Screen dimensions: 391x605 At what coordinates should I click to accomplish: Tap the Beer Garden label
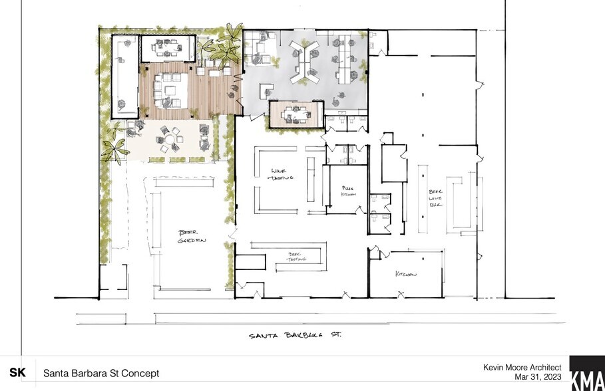point(192,236)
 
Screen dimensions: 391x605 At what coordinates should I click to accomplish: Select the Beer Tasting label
point(296,256)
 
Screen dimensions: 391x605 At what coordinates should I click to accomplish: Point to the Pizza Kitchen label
point(349,190)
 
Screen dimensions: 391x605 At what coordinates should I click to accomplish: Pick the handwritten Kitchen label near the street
point(406,274)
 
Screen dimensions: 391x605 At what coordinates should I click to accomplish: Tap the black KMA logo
point(586,373)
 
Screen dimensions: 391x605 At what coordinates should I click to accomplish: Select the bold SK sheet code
point(18,373)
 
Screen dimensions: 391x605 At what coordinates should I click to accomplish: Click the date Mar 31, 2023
point(538,377)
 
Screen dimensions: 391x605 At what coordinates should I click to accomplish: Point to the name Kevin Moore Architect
point(522,367)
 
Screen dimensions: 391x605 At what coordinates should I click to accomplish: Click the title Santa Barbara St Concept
point(101,373)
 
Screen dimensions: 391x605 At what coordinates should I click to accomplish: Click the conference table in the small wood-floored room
point(296,114)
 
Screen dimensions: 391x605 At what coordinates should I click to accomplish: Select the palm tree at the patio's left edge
point(114,150)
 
